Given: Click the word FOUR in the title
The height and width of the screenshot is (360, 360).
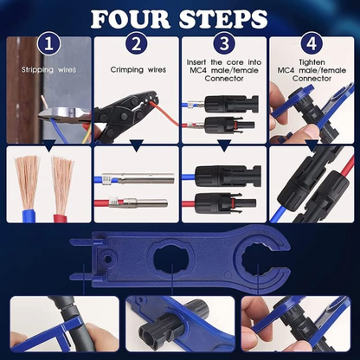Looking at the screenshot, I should (133, 18).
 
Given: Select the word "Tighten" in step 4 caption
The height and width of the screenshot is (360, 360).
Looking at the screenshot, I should (312, 62).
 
